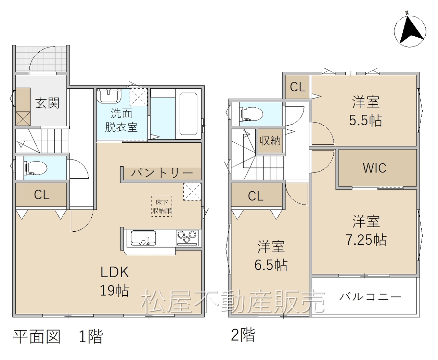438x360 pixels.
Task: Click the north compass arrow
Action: (x=410, y=31)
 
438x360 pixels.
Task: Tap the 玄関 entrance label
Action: (x=47, y=103)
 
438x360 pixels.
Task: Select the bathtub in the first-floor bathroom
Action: (x=188, y=114)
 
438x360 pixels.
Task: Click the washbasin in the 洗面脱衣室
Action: (x=109, y=95)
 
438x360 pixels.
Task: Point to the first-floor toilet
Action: (x=36, y=168)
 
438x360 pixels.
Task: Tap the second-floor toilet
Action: (x=252, y=114)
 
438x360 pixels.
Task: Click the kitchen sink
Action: (x=143, y=237)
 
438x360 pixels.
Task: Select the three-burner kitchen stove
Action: (x=187, y=238)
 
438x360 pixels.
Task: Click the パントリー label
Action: (x=162, y=173)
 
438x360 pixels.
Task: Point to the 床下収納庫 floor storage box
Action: (x=162, y=206)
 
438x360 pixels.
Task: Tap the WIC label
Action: (x=375, y=168)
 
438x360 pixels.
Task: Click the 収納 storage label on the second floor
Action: (x=270, y=141)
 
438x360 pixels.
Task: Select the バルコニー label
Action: (x=370, y=297)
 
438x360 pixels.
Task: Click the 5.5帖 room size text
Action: (x=365, y=120)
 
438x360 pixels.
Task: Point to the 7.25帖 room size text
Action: (x=366, y=240)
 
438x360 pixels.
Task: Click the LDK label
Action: (x=115, y=272)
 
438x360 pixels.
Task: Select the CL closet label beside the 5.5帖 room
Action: (x=298, y=87)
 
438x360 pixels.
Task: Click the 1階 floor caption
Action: (x=91, y=336)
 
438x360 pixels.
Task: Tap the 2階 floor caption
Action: (x=243, y=335)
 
